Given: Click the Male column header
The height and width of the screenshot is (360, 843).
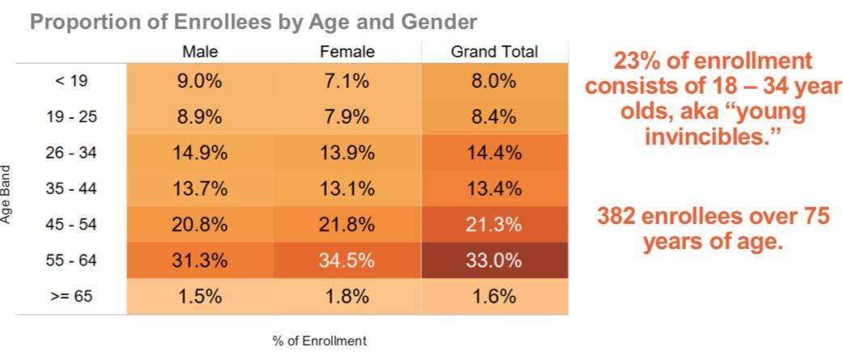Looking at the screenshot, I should tap(200, 52).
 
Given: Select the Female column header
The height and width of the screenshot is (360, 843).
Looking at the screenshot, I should tap(347, 52).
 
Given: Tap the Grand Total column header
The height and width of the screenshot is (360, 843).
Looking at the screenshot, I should tap(494, 52).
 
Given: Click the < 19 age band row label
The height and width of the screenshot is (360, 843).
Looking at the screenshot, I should tap(71, 81).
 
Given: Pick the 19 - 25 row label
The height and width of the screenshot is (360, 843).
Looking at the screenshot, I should tap(71, 116).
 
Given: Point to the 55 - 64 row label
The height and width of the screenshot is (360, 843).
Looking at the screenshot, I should tap(71, 260).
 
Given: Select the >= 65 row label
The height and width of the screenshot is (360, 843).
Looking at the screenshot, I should tap(71, 296).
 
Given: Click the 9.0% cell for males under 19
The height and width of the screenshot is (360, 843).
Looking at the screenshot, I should tap(200, 81).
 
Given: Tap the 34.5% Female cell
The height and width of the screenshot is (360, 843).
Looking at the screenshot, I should tap(347, 260).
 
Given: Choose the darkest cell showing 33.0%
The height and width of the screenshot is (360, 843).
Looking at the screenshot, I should tap(494, 260).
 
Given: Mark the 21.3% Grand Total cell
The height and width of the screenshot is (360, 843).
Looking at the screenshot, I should tap(494, 225).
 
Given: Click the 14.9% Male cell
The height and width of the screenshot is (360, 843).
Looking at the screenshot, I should tap(200, 153).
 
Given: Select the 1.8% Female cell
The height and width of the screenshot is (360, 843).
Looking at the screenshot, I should tap(347, 296).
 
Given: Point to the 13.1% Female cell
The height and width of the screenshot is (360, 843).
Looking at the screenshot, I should tap(347, 188).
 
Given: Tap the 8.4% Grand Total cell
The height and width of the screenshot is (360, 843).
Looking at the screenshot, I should tap(494, 116).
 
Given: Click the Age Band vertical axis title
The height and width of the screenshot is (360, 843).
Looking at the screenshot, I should tap(6, 194).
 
